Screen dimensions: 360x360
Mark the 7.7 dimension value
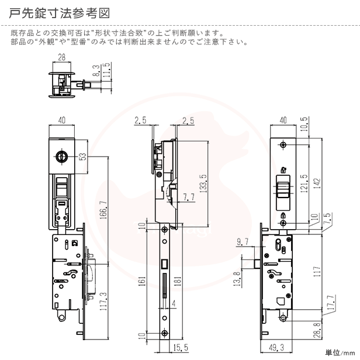(188, 197)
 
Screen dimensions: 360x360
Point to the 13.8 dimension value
(236, 278)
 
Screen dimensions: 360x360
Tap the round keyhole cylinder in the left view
(60, 157)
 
